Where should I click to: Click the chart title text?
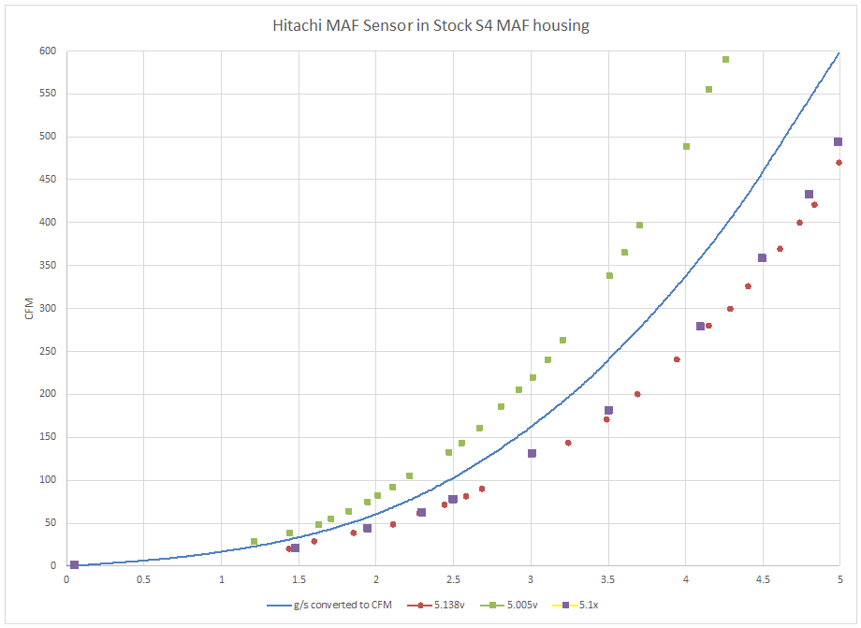430,25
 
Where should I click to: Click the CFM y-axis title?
29,308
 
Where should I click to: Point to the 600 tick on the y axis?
46,51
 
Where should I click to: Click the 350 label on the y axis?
46,266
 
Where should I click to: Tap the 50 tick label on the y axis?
49,523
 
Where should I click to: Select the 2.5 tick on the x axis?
453,579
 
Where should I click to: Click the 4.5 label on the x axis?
763,579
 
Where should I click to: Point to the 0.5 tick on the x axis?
143,579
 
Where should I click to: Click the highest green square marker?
725,59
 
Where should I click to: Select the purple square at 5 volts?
838,142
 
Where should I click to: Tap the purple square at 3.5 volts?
608,410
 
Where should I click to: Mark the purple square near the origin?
74,565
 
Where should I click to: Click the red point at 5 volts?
839,162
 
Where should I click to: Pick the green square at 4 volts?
686,146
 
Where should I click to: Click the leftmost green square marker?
254,541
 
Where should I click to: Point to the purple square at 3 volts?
532,453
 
